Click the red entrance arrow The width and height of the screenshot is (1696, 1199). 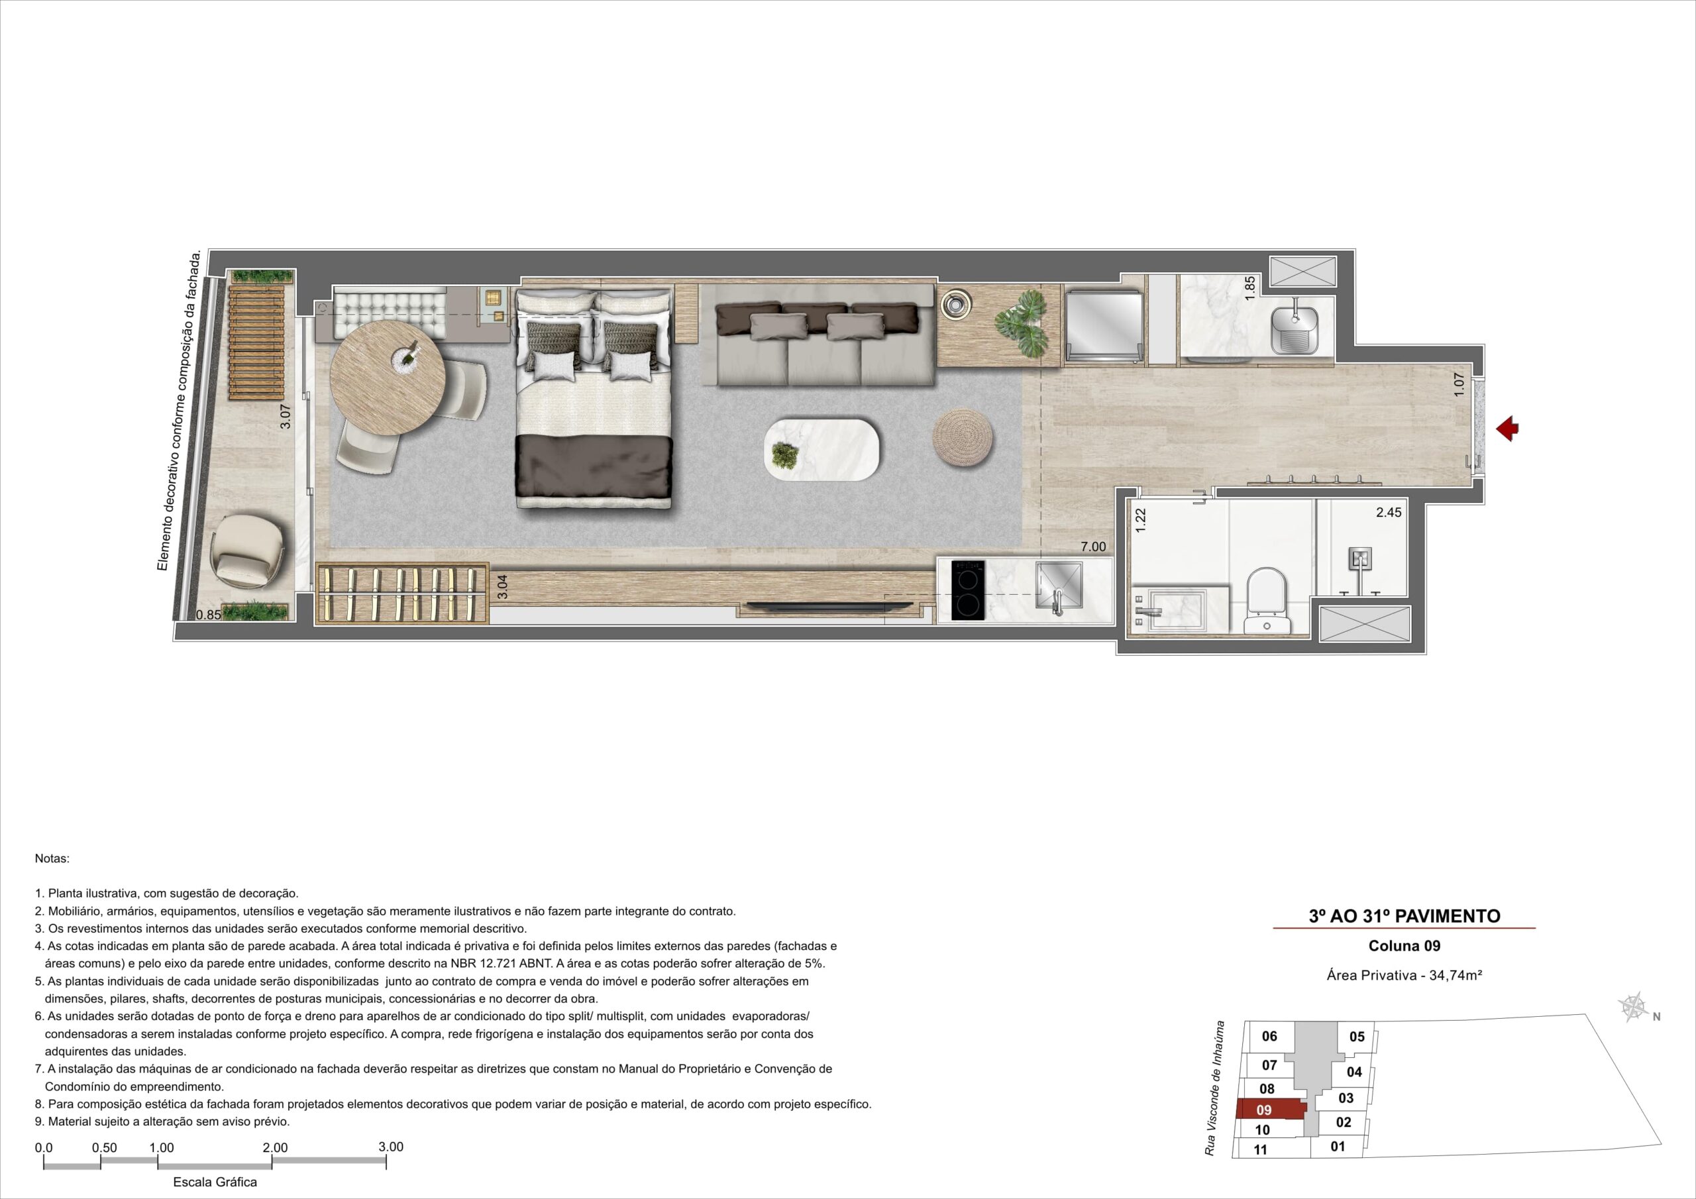(1508, 429)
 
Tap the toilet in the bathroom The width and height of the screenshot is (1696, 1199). (1266, 601)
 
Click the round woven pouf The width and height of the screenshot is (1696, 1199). (963, 437)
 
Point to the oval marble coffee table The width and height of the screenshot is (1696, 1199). (822, 450)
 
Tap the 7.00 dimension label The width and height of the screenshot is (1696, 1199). (1093, 547)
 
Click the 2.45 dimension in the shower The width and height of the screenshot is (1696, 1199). (1389, 512)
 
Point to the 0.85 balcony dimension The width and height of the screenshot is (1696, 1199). (208, 614)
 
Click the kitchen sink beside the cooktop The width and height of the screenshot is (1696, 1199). (1059, 588)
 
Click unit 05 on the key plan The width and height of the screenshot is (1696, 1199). (1357, 1037)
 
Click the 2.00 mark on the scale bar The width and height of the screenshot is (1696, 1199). (275, 1148)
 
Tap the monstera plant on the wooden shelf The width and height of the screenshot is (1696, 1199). (1022, 325)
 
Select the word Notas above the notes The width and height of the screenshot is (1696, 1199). (52, 859)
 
